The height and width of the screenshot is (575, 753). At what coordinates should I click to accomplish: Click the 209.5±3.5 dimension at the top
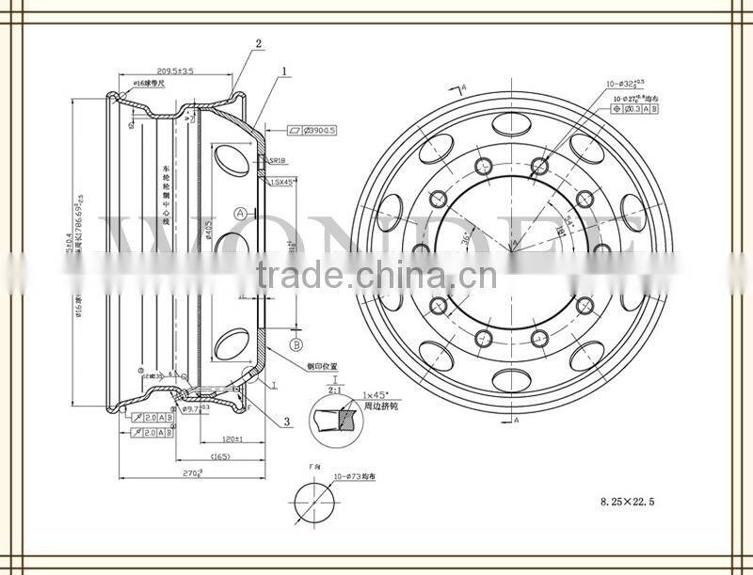point(174,71)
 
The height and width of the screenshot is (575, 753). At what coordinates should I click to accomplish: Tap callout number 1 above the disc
point(283,71)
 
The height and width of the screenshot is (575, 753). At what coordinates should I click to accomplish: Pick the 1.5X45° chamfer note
point(281,182)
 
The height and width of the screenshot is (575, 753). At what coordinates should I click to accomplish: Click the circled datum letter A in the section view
point(241,214)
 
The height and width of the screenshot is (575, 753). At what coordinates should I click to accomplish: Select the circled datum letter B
point(295,343)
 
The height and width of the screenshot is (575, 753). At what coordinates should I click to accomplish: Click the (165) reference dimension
point(218,456)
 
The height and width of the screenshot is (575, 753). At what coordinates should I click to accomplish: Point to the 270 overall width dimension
point(192,473)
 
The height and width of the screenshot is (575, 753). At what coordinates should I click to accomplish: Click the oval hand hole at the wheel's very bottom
point(513,380)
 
